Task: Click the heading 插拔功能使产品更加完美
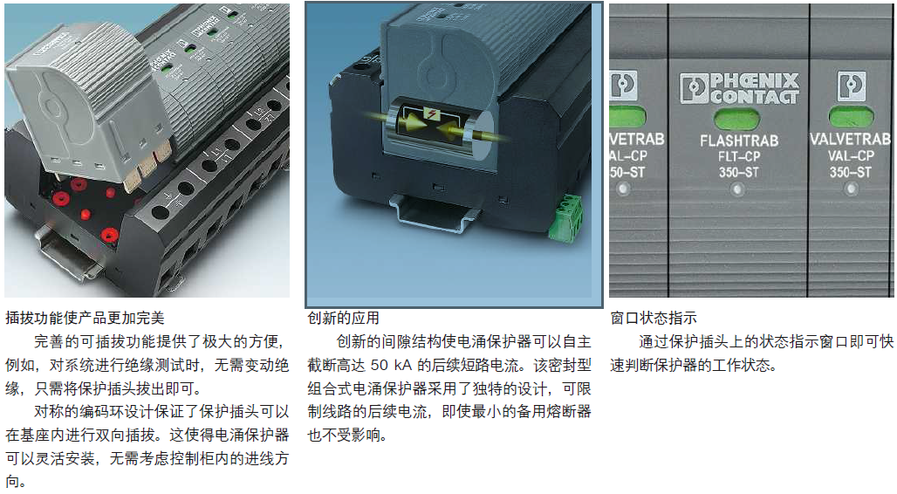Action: coord(85,318)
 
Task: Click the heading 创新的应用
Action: coord(343,318)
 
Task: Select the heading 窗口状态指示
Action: coord(654,318)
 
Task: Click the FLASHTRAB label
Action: coord(739,141)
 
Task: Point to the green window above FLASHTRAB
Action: coord(736,120)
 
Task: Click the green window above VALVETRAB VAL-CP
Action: coord(852,117)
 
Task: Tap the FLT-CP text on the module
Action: coord(739,156)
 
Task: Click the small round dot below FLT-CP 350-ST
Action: coord(738,189)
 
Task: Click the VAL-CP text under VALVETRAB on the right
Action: coord(852,155)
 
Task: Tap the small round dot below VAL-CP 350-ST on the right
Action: coord(852,189)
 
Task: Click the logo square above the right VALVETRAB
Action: coord(852,86)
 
